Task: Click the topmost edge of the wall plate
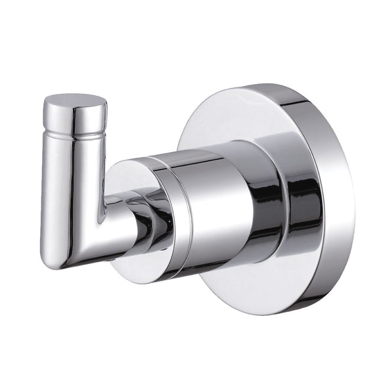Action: [x=263, y=85]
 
